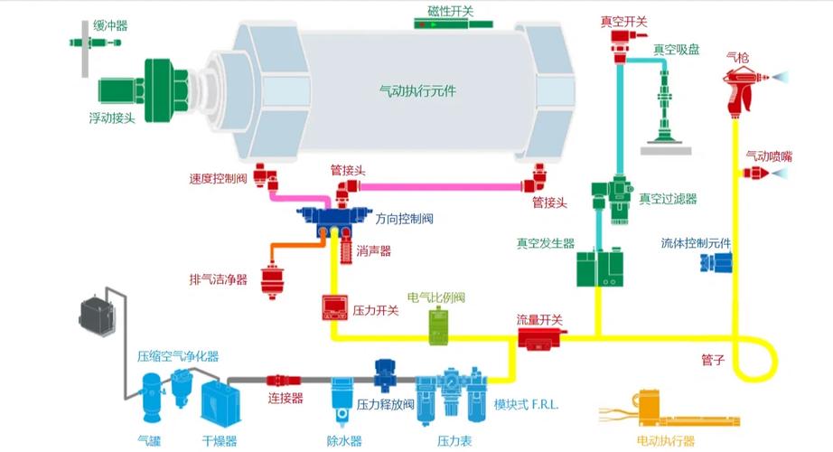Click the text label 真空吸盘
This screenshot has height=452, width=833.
(x=677, y=50)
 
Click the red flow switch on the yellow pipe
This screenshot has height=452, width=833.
(x=540, y=337)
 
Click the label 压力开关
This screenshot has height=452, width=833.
(x=375, y=310)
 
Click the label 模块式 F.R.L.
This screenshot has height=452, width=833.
(x=527, y=404)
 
